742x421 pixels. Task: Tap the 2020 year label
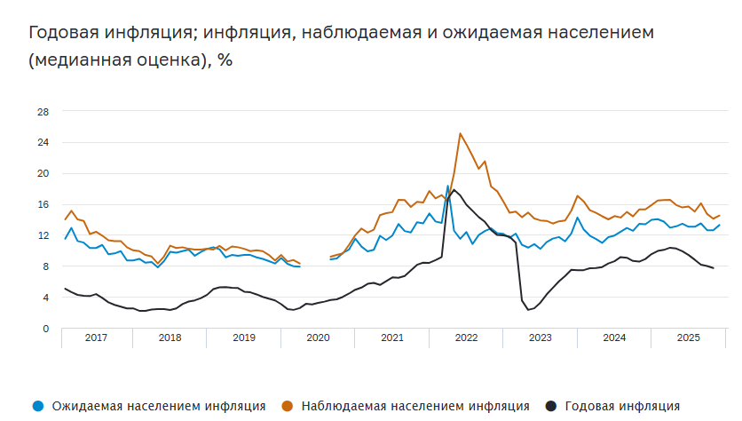pos(318,338)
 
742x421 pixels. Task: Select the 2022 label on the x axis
pos(466,338)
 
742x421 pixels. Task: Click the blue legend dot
pos(36,406)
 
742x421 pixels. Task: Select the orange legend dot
pos(287,406)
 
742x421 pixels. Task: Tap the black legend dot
pos(551,406)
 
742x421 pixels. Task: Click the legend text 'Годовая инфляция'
pos(624,406)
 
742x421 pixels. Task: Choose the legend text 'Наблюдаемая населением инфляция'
pos(415,406)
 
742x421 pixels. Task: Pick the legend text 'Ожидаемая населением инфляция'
pos(159,406)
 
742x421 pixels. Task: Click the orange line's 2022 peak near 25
pos(460,134)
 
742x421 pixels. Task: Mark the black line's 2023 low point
pos(528,309)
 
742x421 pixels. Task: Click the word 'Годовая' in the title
pos(65,34)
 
